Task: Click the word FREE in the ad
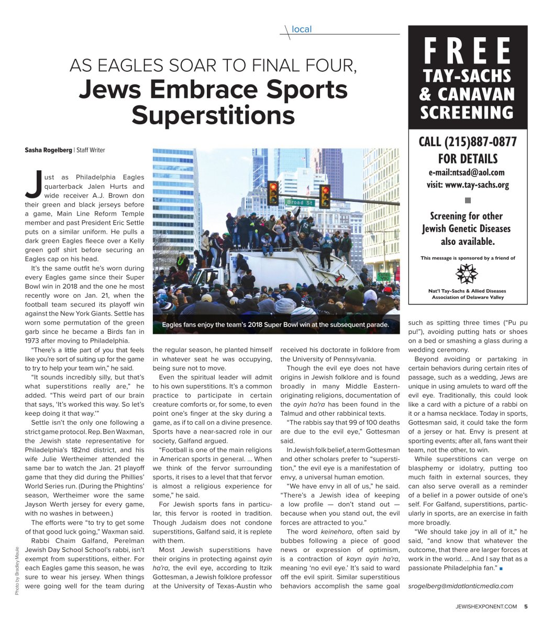click(x=467, y=51)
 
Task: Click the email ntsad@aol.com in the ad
click(x=467, y=172)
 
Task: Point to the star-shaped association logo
click(x=467, y=274)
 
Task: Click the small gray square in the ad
click(x=468, y=200)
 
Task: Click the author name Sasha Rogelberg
click(x=48, y=150)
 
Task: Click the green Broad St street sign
click(x=300, y=202)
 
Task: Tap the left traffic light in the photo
click(x=273, y=192)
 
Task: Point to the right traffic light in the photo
click(x=325, y=196)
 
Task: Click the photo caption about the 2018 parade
click(x=275, y=324)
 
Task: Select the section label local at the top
click(x=302, y=29)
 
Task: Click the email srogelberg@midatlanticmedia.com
click(x=460, y=585)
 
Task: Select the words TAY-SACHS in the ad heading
click(x=467, y=77)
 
